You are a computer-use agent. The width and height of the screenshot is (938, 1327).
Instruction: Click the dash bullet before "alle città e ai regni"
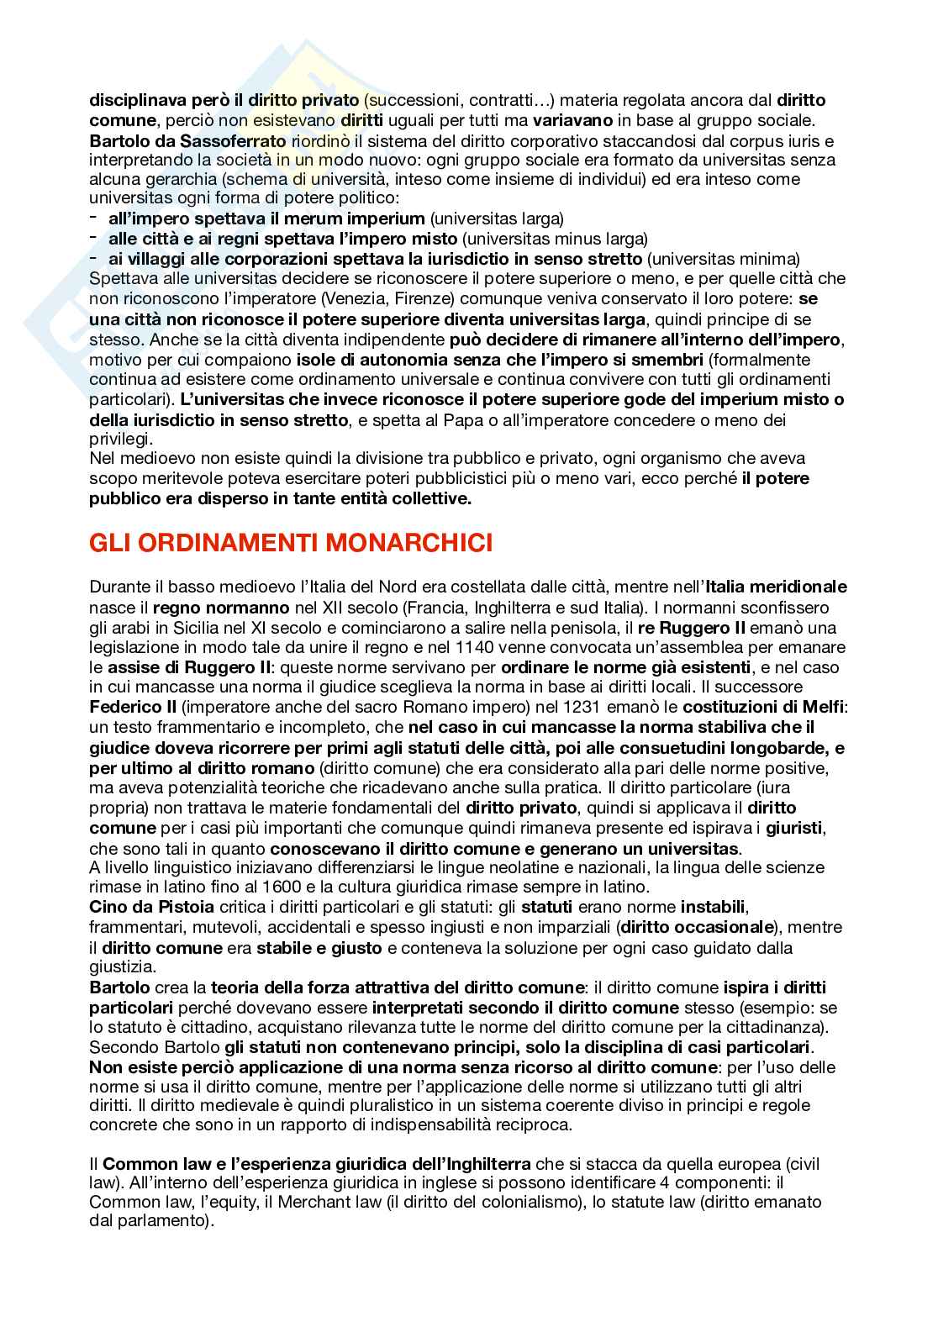click(92, 239)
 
